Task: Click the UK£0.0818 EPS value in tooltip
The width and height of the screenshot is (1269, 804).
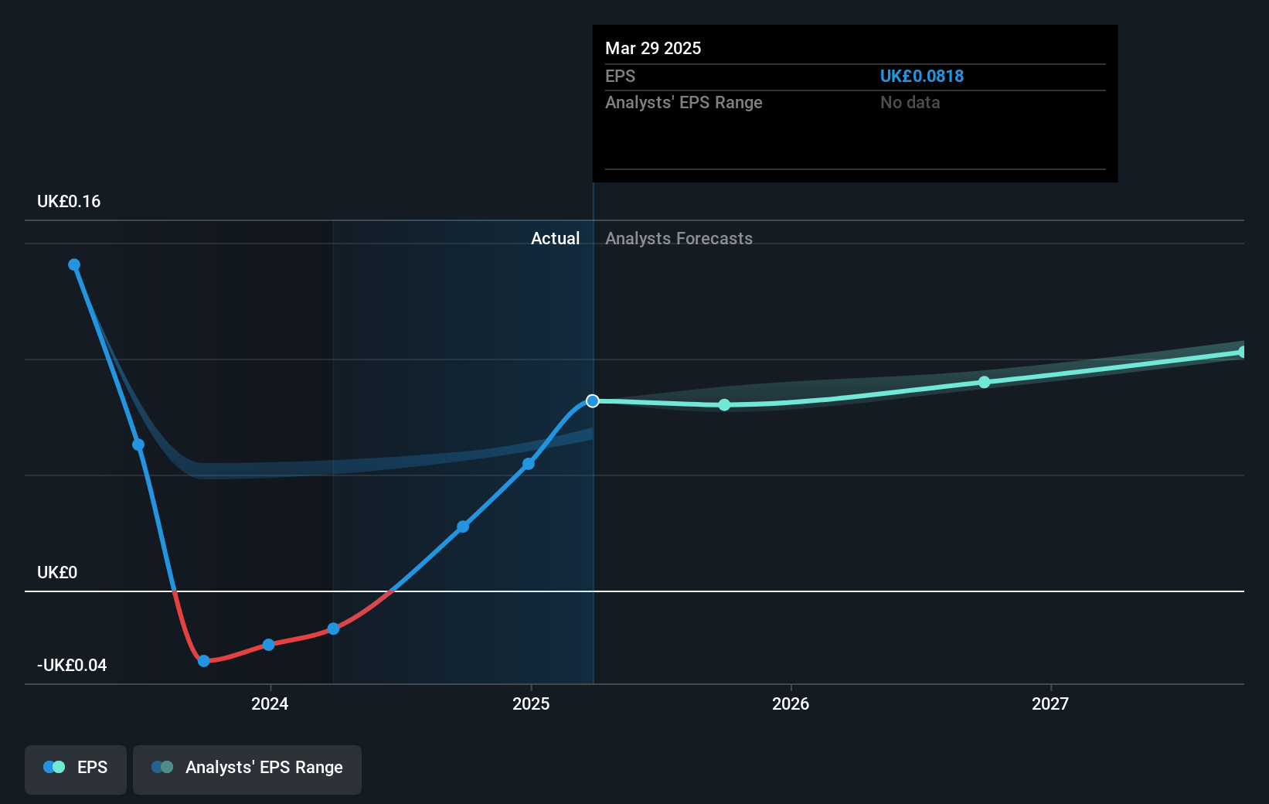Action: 921,76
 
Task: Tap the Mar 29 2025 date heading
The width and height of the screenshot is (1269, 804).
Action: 652,48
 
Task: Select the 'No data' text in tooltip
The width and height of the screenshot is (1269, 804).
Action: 910,102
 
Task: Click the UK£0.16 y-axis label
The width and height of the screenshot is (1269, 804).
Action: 69,201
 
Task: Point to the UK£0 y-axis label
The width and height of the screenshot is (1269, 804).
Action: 57,572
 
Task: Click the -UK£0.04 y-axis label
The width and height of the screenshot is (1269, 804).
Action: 72,665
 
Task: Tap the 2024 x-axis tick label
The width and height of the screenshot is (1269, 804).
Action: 270,703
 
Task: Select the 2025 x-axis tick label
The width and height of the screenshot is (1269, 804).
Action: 531,703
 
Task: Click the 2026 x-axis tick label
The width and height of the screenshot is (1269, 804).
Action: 791,703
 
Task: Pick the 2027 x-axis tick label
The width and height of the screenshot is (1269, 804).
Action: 1050,703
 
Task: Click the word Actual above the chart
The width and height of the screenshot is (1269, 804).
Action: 555,238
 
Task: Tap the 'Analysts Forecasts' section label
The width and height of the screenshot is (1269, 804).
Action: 679,238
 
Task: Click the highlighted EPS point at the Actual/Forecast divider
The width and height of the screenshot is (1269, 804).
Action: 593,400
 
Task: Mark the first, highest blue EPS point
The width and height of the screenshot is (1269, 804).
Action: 74,264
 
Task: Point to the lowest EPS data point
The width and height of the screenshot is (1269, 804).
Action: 204,661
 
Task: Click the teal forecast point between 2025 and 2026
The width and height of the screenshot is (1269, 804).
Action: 724,404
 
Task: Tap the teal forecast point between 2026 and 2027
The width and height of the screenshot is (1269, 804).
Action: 984,382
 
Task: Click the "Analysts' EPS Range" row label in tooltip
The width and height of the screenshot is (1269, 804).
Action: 683,102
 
